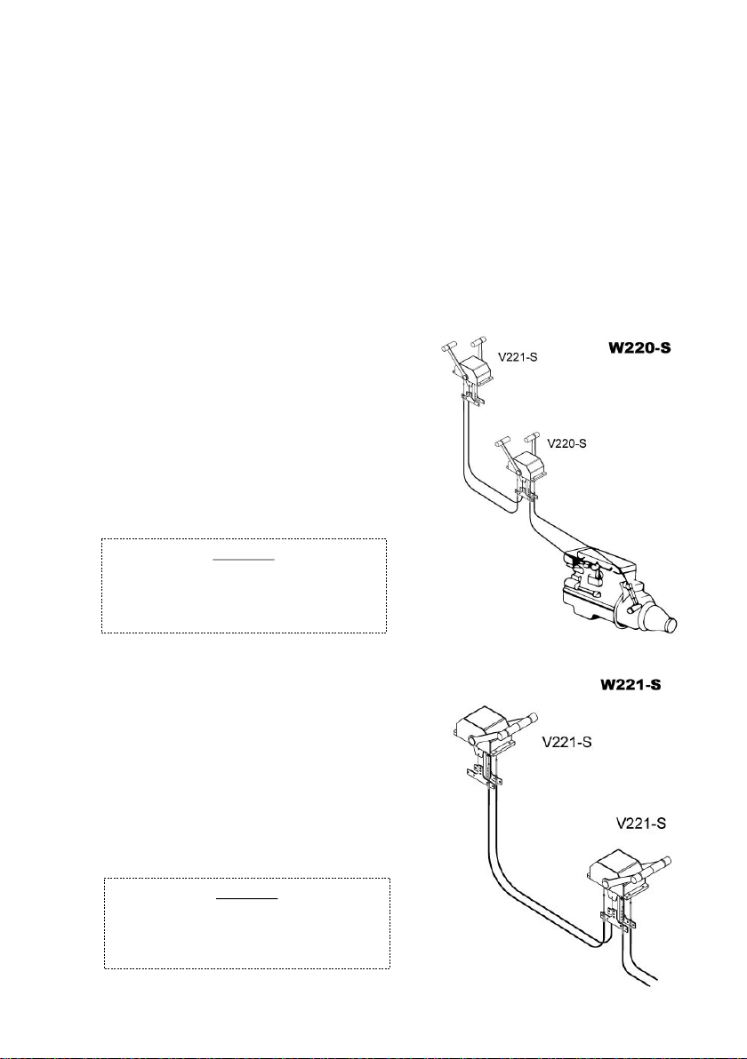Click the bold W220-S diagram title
pos(637,350)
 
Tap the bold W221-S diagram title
pos(631,685)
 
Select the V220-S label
pos(566,443)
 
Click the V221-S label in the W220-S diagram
pos(518,356)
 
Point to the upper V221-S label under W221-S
pos(567,743)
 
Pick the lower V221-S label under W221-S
pos(641,824)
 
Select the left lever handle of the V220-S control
pos(501,443)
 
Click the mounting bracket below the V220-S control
pos(526,494)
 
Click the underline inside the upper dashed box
pos(244,560)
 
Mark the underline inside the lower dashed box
pos(247,899)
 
